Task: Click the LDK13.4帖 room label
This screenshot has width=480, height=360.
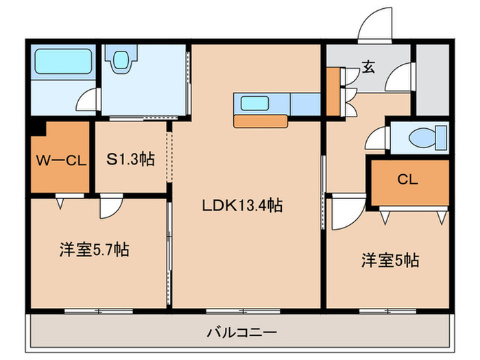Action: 243,204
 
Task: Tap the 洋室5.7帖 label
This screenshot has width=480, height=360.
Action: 93,250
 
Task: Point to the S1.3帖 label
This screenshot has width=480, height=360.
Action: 130,160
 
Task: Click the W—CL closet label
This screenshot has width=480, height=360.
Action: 60,161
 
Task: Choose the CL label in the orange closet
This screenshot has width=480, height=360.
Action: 407,180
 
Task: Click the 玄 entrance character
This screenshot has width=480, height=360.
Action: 368,67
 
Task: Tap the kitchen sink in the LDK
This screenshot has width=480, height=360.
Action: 254,104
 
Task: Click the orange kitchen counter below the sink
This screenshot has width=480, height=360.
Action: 260,121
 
